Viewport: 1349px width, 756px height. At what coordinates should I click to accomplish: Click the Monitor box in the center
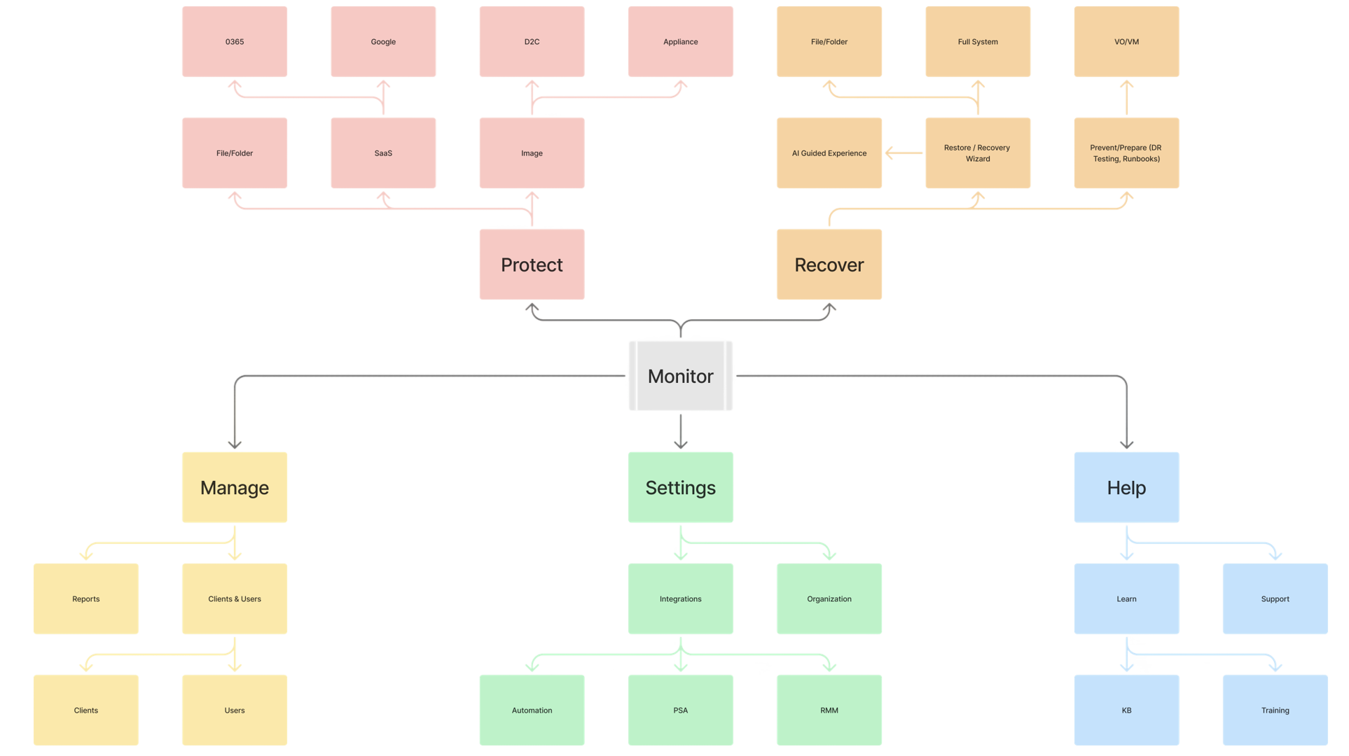tap(680, 376)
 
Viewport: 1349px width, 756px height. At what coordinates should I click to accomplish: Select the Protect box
tap(532, 265)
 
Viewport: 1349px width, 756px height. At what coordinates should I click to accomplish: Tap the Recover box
tap(829, 265)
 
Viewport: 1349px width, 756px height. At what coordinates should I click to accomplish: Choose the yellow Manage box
tap(235, 487)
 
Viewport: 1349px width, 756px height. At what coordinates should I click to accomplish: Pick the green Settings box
tap(680, 487)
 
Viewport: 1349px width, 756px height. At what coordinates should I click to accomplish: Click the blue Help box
tap(1126, 487)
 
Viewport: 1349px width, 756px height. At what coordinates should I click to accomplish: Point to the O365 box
tap(235, 42)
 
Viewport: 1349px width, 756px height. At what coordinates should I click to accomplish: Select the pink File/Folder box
tap(235, 153)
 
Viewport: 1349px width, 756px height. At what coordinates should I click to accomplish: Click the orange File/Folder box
tap(829, 42)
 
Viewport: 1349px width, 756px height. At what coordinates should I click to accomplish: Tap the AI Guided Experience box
tap(829, 153)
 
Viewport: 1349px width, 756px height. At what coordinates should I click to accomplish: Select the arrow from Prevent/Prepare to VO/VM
tap(1126, 97)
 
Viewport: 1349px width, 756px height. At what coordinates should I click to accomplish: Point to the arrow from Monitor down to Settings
tap(680, 431)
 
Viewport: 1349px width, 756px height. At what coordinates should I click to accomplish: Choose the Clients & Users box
tap(235, 598)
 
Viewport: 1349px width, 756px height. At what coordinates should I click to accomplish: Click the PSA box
tap(680, 710)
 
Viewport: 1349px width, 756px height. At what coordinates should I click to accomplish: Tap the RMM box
tap(829, 710)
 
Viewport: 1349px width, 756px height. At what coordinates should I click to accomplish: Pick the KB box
tap(1126, 710)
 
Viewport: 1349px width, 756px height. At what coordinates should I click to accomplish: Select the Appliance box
tap(680, 42)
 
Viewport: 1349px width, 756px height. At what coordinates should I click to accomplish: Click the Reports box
tap(86, 598)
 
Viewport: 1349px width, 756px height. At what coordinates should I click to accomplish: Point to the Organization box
tap(829, 598)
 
